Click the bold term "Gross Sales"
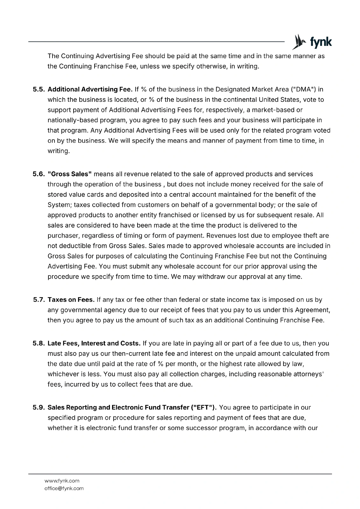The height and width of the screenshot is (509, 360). pos(70,174)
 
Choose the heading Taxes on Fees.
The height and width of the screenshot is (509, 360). pos(71,300)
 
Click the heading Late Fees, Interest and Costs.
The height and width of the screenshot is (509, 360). pos(94,344)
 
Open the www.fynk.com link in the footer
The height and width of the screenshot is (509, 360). pos(62,481)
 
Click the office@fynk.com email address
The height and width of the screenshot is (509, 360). pos(64,488)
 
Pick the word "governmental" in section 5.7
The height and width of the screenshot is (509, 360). pos(80,310)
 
